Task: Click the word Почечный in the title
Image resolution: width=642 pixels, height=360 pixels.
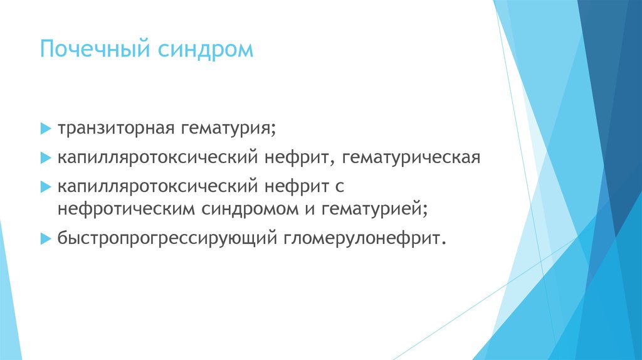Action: (90, 50)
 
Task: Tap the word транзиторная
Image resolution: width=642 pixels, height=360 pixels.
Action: (116, 129)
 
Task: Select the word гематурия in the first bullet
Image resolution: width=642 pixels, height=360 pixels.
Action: (228, 130)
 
